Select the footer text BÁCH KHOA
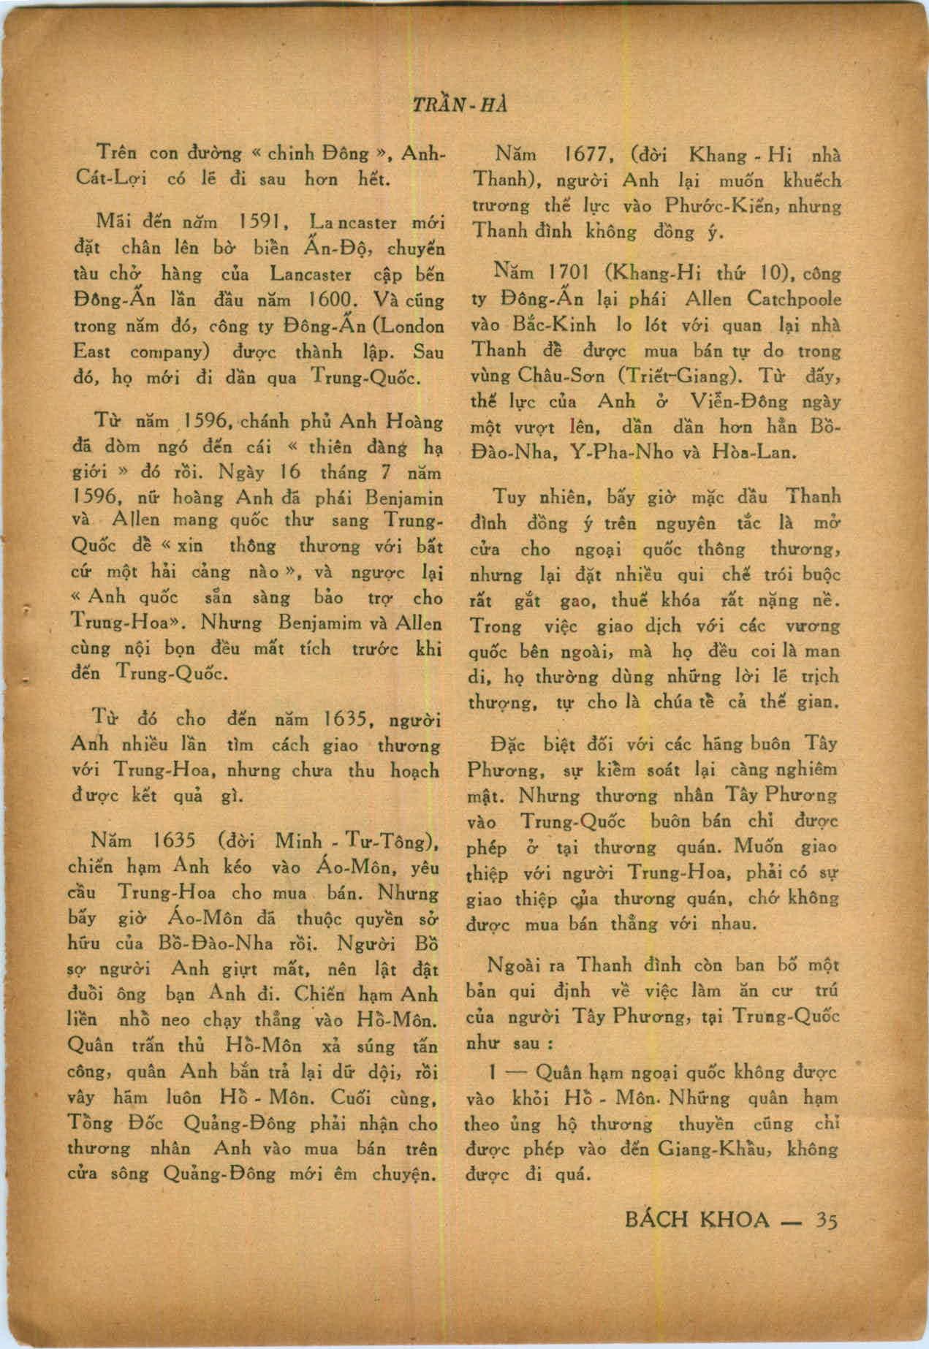point(698,1220)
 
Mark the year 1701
point(575,274)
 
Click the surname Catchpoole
point(795,300)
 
